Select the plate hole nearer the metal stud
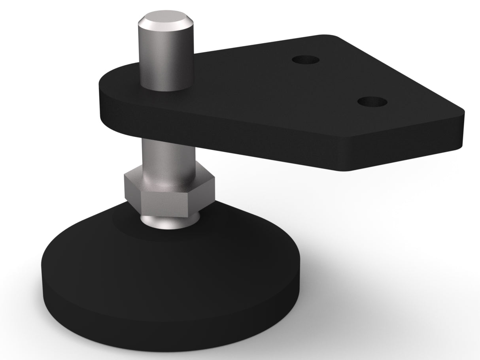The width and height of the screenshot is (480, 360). coord(306,60)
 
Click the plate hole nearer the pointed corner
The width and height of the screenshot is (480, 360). coord(372,102)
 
